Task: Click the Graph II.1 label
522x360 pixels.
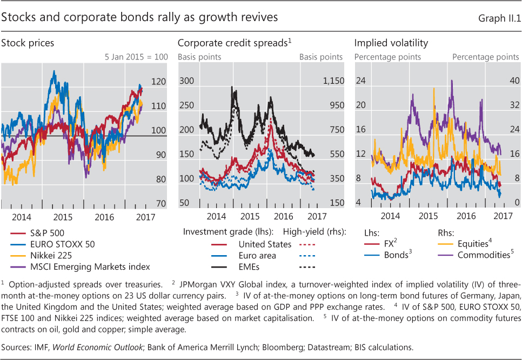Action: click(x=499, y=18)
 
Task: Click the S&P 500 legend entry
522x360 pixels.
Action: click(x=45, y=234)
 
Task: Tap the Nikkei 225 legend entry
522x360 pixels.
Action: click(x=49, y=255)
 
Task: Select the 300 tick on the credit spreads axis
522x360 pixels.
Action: click(x=186, y=81)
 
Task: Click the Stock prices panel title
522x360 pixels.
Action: click(x=28, y=42)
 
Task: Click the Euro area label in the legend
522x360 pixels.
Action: click(x=257, y=255)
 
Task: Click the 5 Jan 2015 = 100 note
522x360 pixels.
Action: click(x=136, y=56)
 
